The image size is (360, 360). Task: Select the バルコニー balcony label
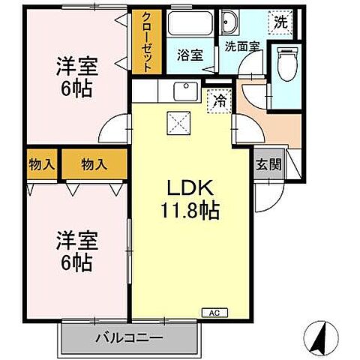(x=129, y=338)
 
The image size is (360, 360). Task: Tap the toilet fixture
(x=286, y=62)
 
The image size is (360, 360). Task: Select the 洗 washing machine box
(x=280, y=22)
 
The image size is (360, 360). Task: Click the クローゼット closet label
(x=145, y=41)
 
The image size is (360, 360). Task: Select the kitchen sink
(x=181, y=91)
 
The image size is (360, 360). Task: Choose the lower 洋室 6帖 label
(x=73, y=252)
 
